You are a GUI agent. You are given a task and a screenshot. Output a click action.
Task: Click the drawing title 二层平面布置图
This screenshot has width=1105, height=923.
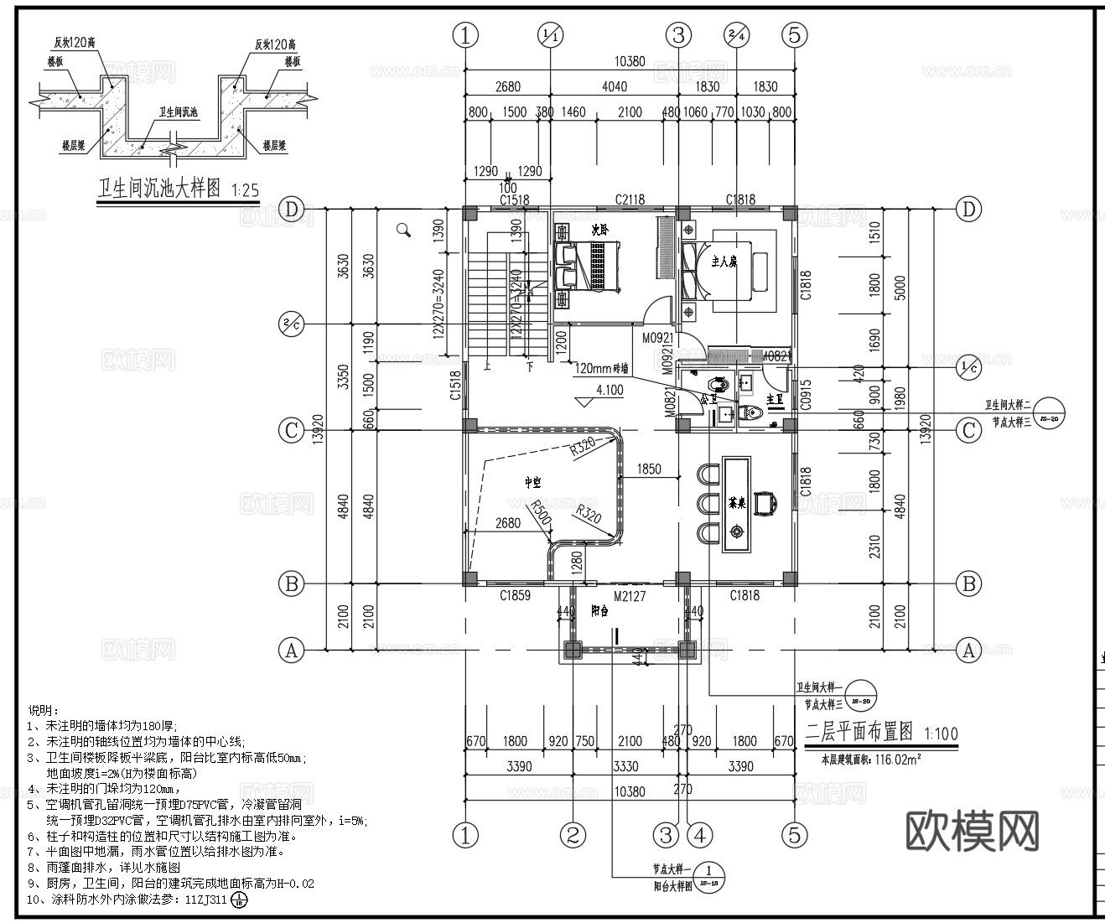pos(859,732)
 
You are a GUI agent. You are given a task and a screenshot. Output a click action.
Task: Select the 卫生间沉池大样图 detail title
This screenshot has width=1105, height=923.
pos(159,189)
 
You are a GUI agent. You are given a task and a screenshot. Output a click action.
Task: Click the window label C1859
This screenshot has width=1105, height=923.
pos(515,596)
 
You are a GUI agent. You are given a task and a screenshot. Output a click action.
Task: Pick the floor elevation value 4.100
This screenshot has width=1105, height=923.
pos(610,390)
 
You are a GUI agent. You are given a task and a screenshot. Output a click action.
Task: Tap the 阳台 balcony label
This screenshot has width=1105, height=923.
pos(599,611)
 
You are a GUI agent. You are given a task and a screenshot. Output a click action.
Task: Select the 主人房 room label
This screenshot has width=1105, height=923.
pos(724,262)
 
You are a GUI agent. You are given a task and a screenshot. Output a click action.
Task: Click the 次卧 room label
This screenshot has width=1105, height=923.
pos(599,227)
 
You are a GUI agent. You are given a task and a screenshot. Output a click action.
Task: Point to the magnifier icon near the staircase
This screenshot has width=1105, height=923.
pos(404,230)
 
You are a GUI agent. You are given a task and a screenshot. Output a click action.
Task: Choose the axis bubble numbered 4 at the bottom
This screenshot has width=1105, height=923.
pos(699,834)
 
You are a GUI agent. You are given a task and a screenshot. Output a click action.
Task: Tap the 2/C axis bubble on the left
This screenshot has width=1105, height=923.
pos(291,324)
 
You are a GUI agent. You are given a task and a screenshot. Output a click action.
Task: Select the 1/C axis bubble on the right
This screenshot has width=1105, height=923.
pos(968,366)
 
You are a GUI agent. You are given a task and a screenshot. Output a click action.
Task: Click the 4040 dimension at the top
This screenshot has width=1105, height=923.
pos(614,86)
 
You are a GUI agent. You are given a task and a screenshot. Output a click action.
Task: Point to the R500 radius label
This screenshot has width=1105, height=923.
pos(540,514)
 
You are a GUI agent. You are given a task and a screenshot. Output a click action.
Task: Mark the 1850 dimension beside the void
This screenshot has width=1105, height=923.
pos(649,469)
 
